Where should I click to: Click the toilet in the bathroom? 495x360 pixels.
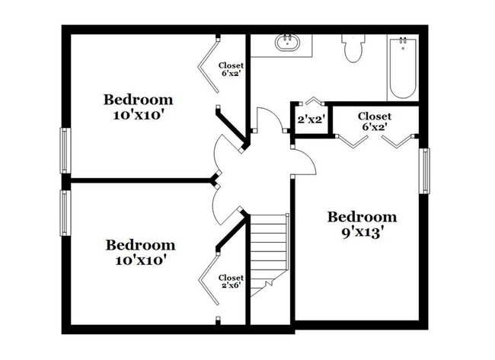(353, 48)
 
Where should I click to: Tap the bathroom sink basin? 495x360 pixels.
(287, 43)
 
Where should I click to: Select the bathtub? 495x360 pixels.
(403, 68)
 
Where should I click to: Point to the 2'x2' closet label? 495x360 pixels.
(311, 119)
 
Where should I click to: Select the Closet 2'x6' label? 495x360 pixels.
(231, 282)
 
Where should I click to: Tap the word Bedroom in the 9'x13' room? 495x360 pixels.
(362, 217)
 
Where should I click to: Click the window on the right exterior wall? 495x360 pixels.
(425, 170)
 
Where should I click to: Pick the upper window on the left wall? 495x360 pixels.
(65, 151)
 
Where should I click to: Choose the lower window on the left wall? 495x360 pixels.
(65, 212)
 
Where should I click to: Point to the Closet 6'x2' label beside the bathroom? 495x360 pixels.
(375, 121)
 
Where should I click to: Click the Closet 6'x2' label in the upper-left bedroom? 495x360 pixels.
(231, 69)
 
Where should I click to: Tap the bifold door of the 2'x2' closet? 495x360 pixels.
(312, 100)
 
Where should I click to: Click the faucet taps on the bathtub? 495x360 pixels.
(403, 40)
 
